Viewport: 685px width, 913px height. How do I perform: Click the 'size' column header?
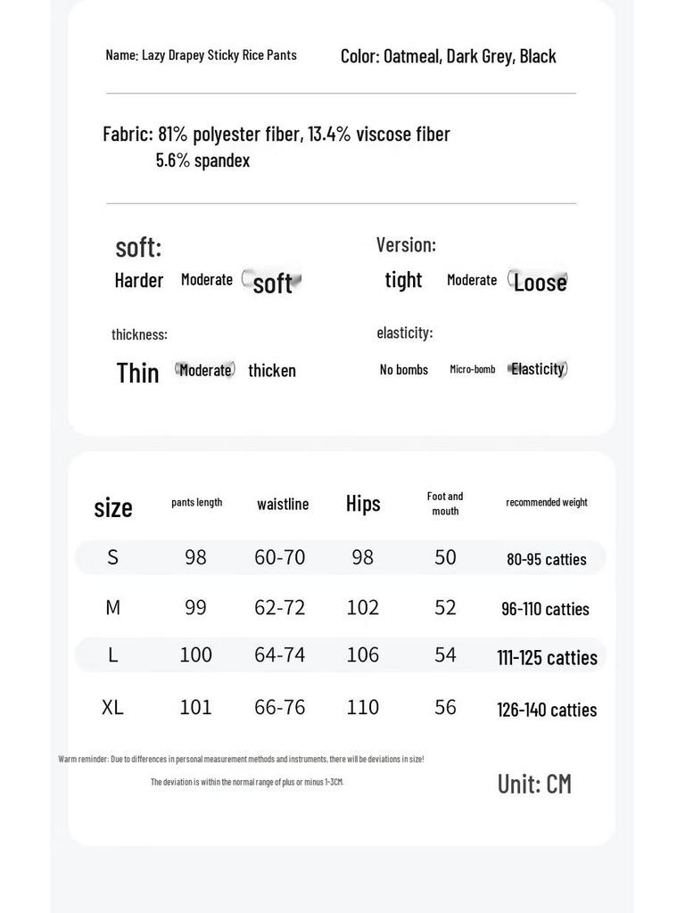click(x=113, y=507)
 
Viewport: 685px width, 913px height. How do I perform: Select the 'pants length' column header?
click(x=196, y=503)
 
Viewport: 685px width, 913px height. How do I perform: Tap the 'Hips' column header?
click(x=363, y=504)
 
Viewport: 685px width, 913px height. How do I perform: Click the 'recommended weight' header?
click(x=547, y=503)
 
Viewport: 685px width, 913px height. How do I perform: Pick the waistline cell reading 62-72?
click(x=280, y=608)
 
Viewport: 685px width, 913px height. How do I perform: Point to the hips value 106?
click(x=363, y=655)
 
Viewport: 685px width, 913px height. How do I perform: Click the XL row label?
click(x=112, y=708)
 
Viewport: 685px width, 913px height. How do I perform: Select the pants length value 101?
click(x=196, y=708)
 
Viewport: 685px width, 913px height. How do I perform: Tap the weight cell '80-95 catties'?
click(x=547, y=560)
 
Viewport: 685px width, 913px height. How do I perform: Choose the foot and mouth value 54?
click(x=445, y=655)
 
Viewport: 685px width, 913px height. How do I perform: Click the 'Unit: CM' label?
click(x=534, y=785)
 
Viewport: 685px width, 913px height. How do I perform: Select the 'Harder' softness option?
click(x=139, y=281)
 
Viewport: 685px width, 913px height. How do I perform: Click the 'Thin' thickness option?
click(x=138, y=373)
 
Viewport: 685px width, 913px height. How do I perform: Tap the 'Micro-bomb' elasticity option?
click(x=473, y=370)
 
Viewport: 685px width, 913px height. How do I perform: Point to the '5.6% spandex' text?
click(x=202, y=161)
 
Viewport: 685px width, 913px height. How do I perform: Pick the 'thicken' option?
click(x=272, y=371)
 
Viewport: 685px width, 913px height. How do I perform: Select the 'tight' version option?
click(x=403, y=280)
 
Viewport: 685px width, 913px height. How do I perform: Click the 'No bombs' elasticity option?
click(x=404, y=370)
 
